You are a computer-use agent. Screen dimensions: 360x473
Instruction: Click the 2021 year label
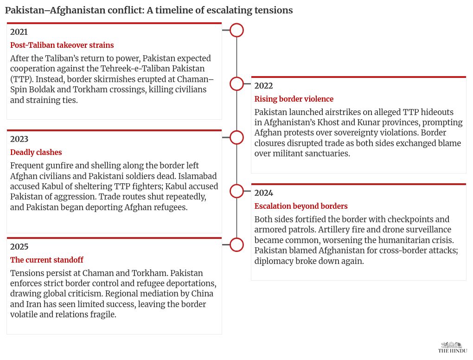[19, 32]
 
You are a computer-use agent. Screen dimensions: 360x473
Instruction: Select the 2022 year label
[263, 86]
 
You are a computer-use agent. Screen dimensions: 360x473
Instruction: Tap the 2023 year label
[19, 139]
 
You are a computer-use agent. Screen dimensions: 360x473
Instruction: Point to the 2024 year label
[263, 193]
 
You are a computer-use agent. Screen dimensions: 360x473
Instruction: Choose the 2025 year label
[19, 247]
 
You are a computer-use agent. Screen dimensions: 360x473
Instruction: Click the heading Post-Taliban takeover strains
[62, 45]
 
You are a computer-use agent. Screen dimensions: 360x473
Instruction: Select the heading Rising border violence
[294, 99]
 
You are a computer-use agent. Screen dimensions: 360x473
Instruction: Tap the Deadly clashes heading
[36, 152]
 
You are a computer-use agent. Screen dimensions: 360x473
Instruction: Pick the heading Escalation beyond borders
[300, 206]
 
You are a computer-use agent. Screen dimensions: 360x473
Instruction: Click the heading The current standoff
[46, 260]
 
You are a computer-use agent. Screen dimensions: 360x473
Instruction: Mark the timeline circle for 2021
[236, 30]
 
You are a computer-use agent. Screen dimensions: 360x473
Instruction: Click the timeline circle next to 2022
[236, 84]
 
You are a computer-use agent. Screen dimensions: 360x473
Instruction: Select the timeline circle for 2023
[236, 137]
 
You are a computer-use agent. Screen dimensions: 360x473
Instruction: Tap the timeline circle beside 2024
[236, 191]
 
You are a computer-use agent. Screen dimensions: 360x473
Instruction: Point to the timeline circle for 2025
[236, 245]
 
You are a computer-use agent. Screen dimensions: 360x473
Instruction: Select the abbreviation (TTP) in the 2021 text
[21, 79]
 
